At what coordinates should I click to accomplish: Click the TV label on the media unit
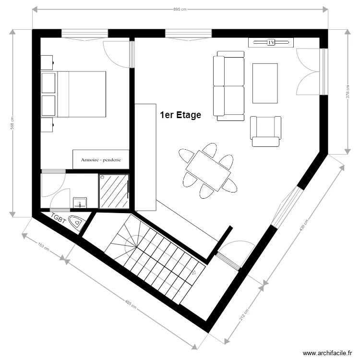click(271, 43)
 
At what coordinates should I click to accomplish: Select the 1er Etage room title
click(180, 115)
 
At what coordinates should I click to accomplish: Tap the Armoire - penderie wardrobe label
click(101, 159)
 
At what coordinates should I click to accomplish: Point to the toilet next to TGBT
click(77, 222)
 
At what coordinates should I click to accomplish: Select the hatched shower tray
click(114, 191)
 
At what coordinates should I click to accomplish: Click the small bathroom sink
click(80, 202)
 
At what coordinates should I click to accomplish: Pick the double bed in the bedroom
click(73, 94)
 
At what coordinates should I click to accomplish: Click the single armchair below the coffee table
click(264, 131)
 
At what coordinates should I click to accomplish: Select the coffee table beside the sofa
click(265, 83)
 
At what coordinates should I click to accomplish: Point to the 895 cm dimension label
click(180, 9)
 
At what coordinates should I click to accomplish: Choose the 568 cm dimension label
click(12, 124)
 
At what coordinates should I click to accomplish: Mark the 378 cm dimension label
click(347, 92)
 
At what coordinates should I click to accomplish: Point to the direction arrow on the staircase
click(194, 272)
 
